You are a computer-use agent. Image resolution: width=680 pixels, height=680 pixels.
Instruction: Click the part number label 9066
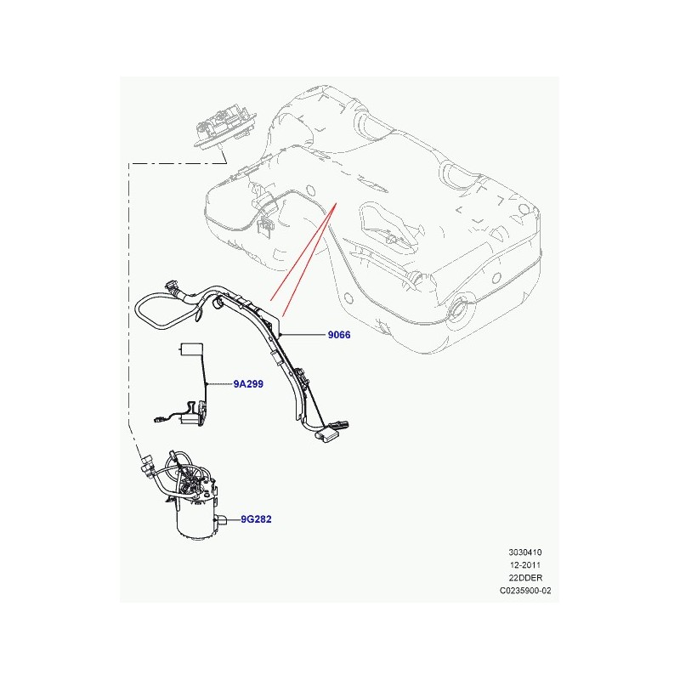click(338, 335)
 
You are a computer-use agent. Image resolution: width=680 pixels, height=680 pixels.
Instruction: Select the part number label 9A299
click(248, 384)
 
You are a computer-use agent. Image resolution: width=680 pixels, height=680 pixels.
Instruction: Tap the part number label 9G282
click(256, 519)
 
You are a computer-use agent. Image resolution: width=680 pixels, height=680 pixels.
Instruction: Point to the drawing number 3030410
click(524, 552)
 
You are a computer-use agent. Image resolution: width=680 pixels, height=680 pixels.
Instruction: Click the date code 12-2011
click(524, 565)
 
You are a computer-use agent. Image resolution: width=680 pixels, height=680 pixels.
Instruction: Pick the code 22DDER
click(525, 578)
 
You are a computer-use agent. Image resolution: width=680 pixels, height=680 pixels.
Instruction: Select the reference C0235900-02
click(525, 590)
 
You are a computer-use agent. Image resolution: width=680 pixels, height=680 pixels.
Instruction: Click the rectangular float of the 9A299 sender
click(191, 349)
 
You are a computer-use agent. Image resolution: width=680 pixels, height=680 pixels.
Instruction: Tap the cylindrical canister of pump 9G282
click(196, 519)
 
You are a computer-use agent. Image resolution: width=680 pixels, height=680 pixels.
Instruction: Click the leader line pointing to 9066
click(303, 335)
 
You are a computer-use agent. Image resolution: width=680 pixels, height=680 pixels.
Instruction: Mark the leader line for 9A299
click(219, 384)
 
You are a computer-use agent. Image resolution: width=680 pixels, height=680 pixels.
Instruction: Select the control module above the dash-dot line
click(224, 123)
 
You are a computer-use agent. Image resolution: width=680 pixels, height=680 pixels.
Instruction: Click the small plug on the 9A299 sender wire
click(158, 419)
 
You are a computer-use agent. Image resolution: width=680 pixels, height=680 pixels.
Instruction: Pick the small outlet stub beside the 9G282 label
click(222, 519)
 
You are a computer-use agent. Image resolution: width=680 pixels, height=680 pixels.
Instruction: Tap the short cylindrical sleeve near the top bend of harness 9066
click(218, 303)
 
